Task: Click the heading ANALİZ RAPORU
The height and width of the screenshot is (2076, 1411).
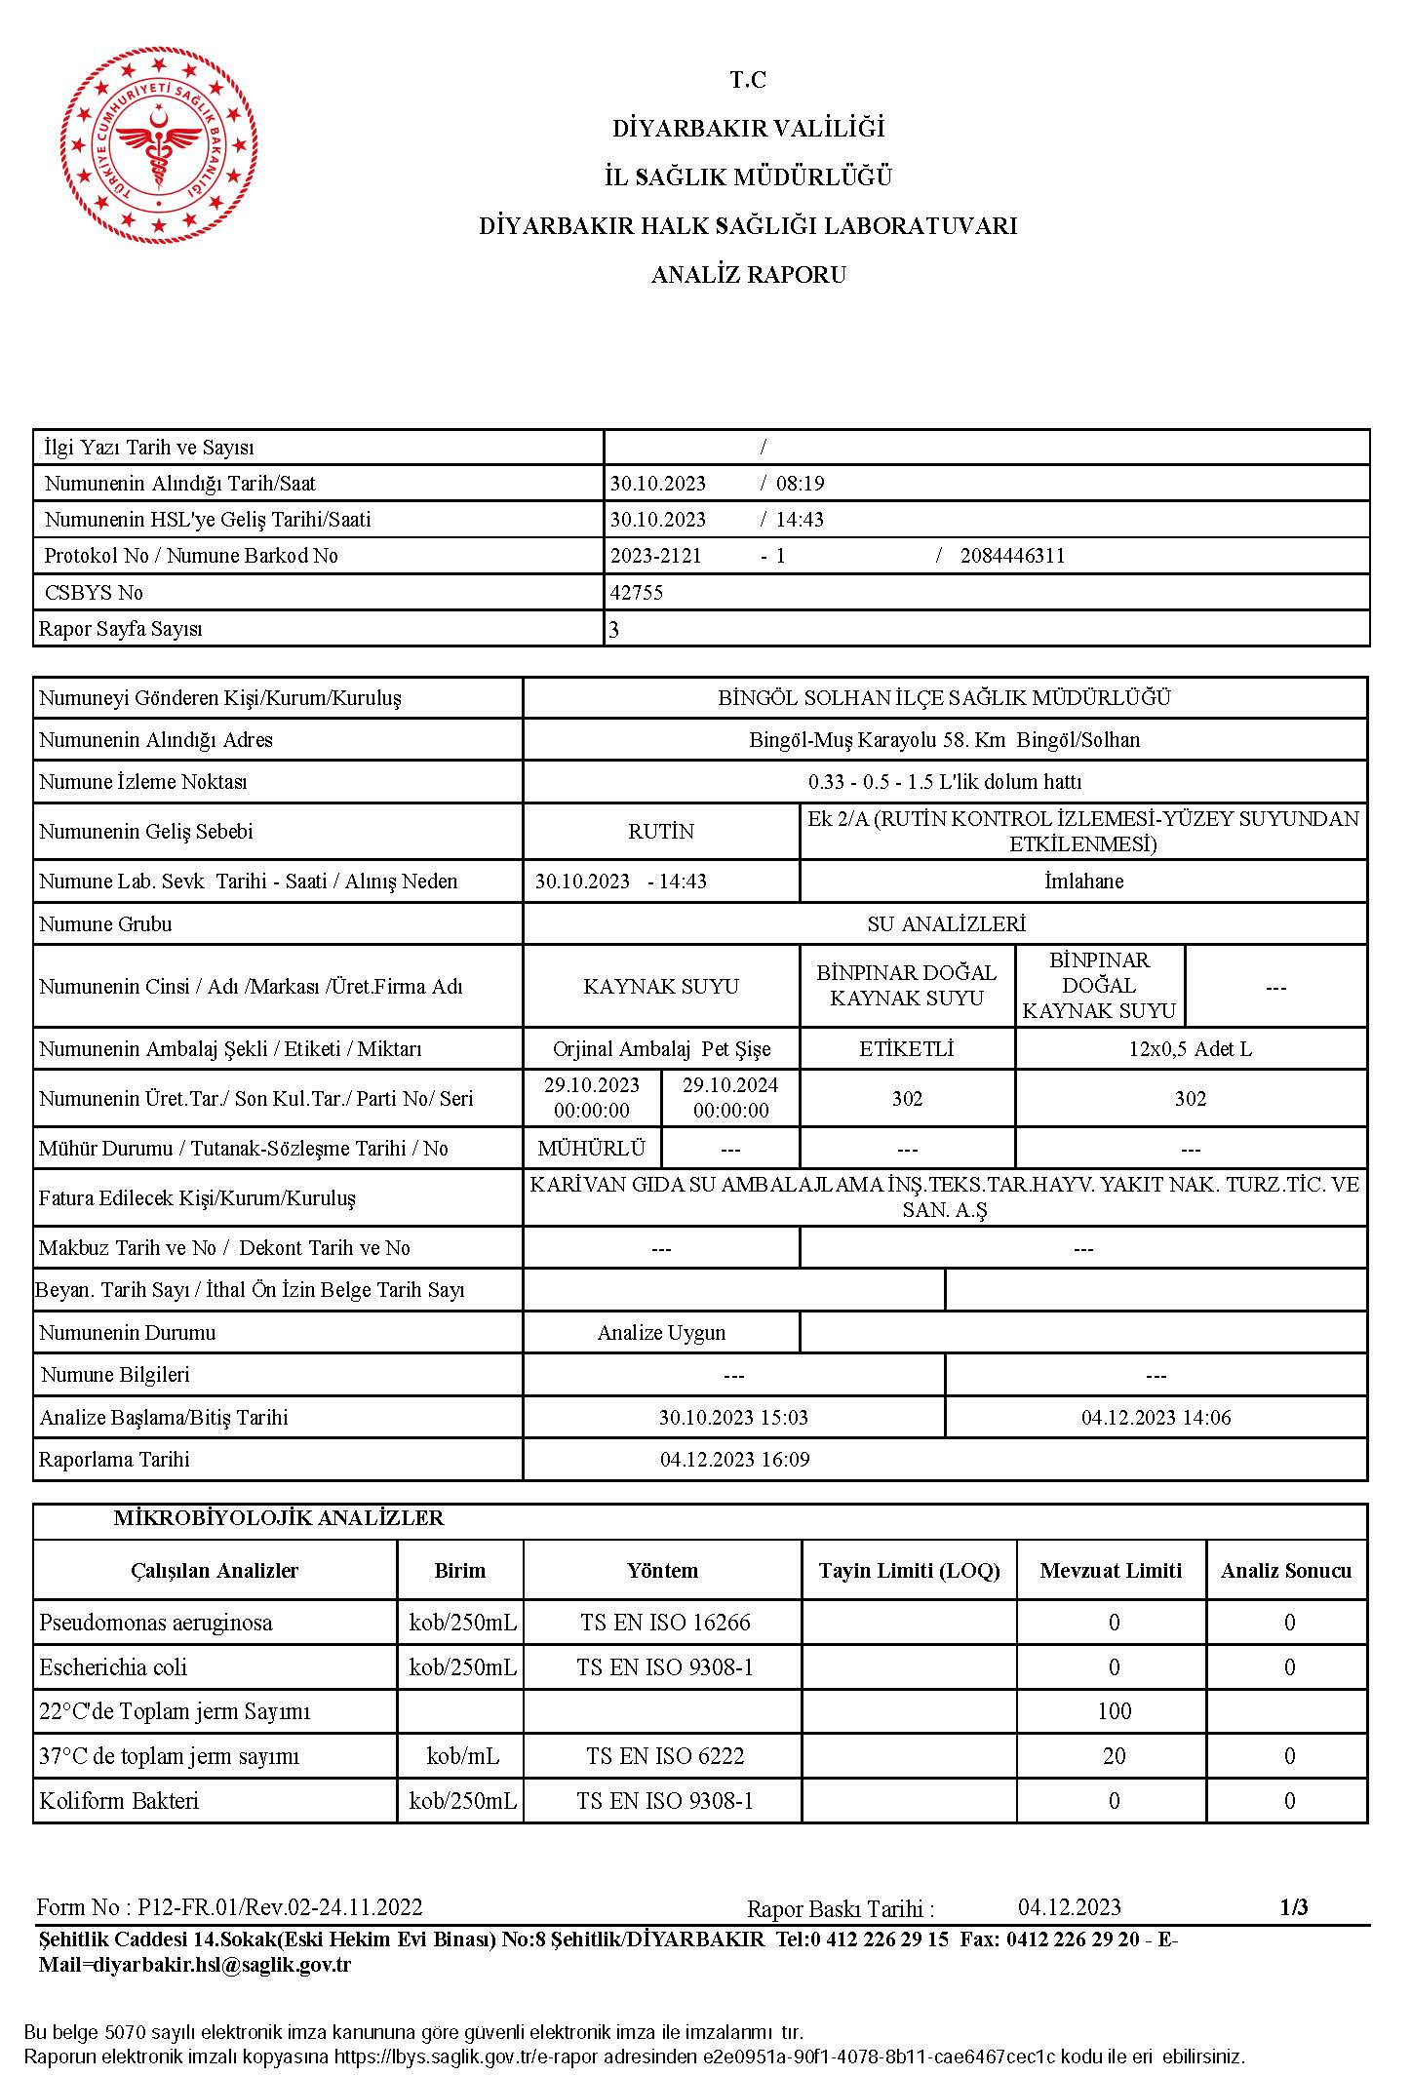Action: pos(748,275)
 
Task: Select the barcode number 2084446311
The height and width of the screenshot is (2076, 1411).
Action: pos(1012,556)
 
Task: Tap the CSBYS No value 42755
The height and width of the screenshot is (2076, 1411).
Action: pos(637,593)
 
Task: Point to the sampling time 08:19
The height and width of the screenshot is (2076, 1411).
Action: pos(801,484)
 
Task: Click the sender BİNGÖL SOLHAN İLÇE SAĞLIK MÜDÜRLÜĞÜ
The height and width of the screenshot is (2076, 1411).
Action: pos(944,698)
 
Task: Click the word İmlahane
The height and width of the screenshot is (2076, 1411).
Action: pos(1083,881)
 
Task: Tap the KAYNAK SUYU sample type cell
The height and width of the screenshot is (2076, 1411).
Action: pos(661,987)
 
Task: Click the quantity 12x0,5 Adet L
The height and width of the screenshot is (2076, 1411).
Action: pos(1190,1049)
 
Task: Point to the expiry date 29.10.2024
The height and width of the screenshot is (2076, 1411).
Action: pos(730,1085)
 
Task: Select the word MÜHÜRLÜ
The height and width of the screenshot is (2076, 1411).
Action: pos(592,1149)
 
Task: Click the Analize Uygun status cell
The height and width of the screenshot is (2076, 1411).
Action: pos(661,1333)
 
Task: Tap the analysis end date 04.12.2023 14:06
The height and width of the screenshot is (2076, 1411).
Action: pos(1156,1418)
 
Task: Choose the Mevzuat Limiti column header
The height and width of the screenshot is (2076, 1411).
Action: pos(1111,1571)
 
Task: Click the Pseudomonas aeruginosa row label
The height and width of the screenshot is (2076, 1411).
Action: pos(156,1623)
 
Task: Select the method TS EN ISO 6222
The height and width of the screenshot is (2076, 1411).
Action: pos(665,1756)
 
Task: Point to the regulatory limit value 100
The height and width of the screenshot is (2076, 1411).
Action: pos(1114,1711)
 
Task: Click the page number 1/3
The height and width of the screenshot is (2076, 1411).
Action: pos(1293,1907)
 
